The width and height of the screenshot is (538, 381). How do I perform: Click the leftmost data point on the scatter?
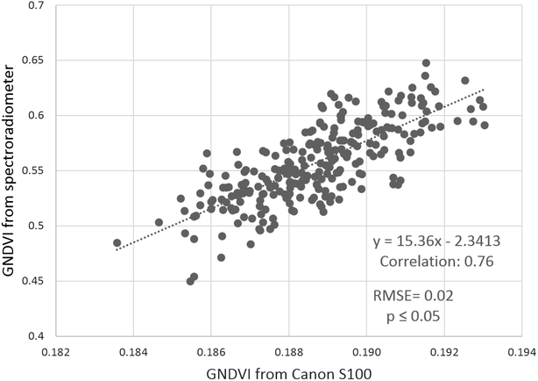[117, 242]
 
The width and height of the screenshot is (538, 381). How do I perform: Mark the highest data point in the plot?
[426, 63]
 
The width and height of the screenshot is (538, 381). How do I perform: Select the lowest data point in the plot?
[190, 281]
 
